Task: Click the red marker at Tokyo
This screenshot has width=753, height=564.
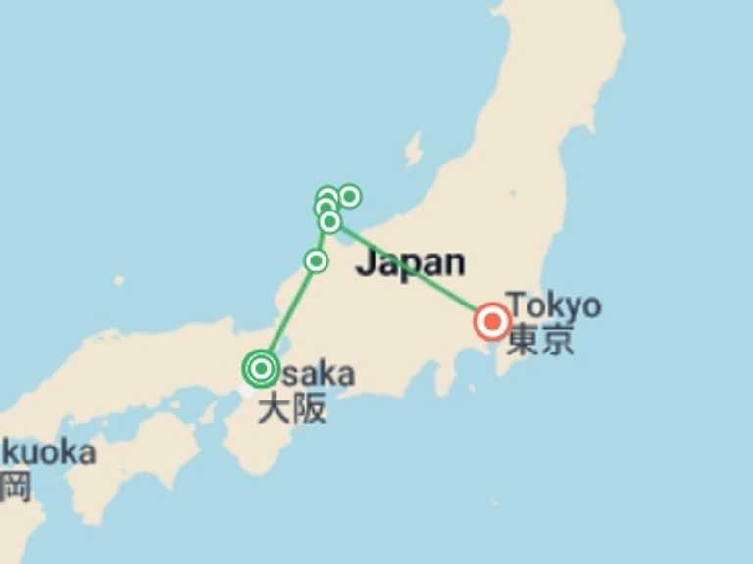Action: [x=492, y=322]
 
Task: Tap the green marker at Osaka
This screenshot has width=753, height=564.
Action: [x=261, y=369]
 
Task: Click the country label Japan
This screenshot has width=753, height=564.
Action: [x=410, y=262]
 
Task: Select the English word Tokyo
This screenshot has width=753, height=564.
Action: [x=553, y=305]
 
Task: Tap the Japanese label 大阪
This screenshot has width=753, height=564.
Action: [x=291, y=407]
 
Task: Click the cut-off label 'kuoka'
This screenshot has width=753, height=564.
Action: [x=49, y=452]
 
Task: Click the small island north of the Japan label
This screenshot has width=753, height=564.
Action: [x=413, y=149]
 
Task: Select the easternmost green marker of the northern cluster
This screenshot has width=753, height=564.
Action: [x=349, y=196]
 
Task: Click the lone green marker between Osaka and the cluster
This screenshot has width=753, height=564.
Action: [x=316, y=260]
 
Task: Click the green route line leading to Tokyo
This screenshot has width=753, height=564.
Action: [x=412, y=272]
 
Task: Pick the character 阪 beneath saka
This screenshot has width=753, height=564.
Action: [x=309, y=407]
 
